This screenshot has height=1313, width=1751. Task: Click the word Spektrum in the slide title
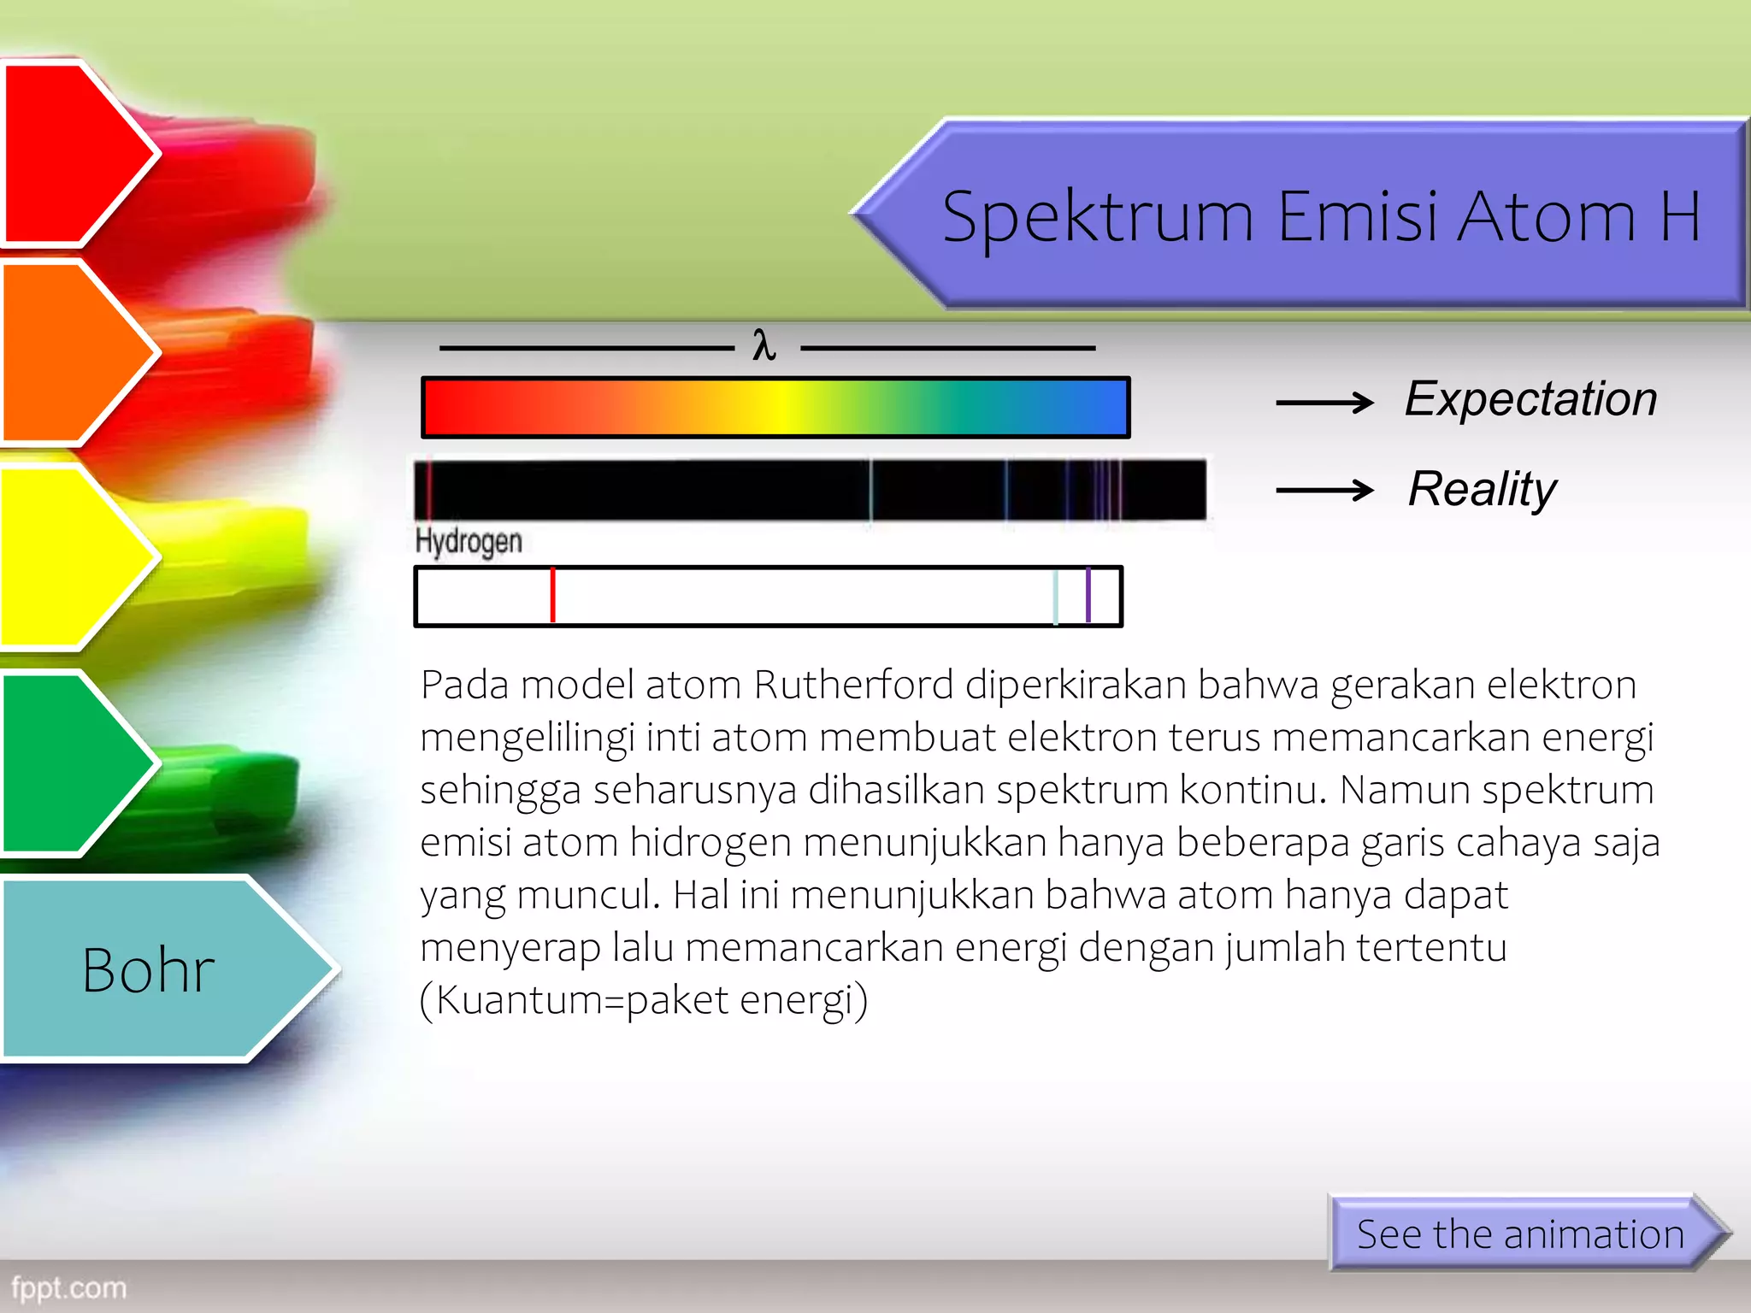click(1098, 217)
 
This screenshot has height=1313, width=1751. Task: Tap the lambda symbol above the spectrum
click(763, 346)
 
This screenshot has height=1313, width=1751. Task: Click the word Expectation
click(1530, 399)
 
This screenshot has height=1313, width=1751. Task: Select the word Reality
click(1482, 489)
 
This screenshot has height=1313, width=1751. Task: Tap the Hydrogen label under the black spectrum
click(469, 541)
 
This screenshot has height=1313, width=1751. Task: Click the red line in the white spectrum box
click(553, 595)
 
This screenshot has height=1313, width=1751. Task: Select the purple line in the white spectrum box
click(1088, 595)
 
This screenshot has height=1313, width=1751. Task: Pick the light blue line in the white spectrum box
click(1056, 596)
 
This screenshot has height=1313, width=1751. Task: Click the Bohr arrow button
click(150, 970)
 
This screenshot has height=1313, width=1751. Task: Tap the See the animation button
click(1520, 1234)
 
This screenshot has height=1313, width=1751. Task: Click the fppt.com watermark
click(68, 1287)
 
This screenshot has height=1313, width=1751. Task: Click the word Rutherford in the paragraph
click(853, 685)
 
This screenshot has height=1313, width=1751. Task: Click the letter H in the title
click(1679, 217)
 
